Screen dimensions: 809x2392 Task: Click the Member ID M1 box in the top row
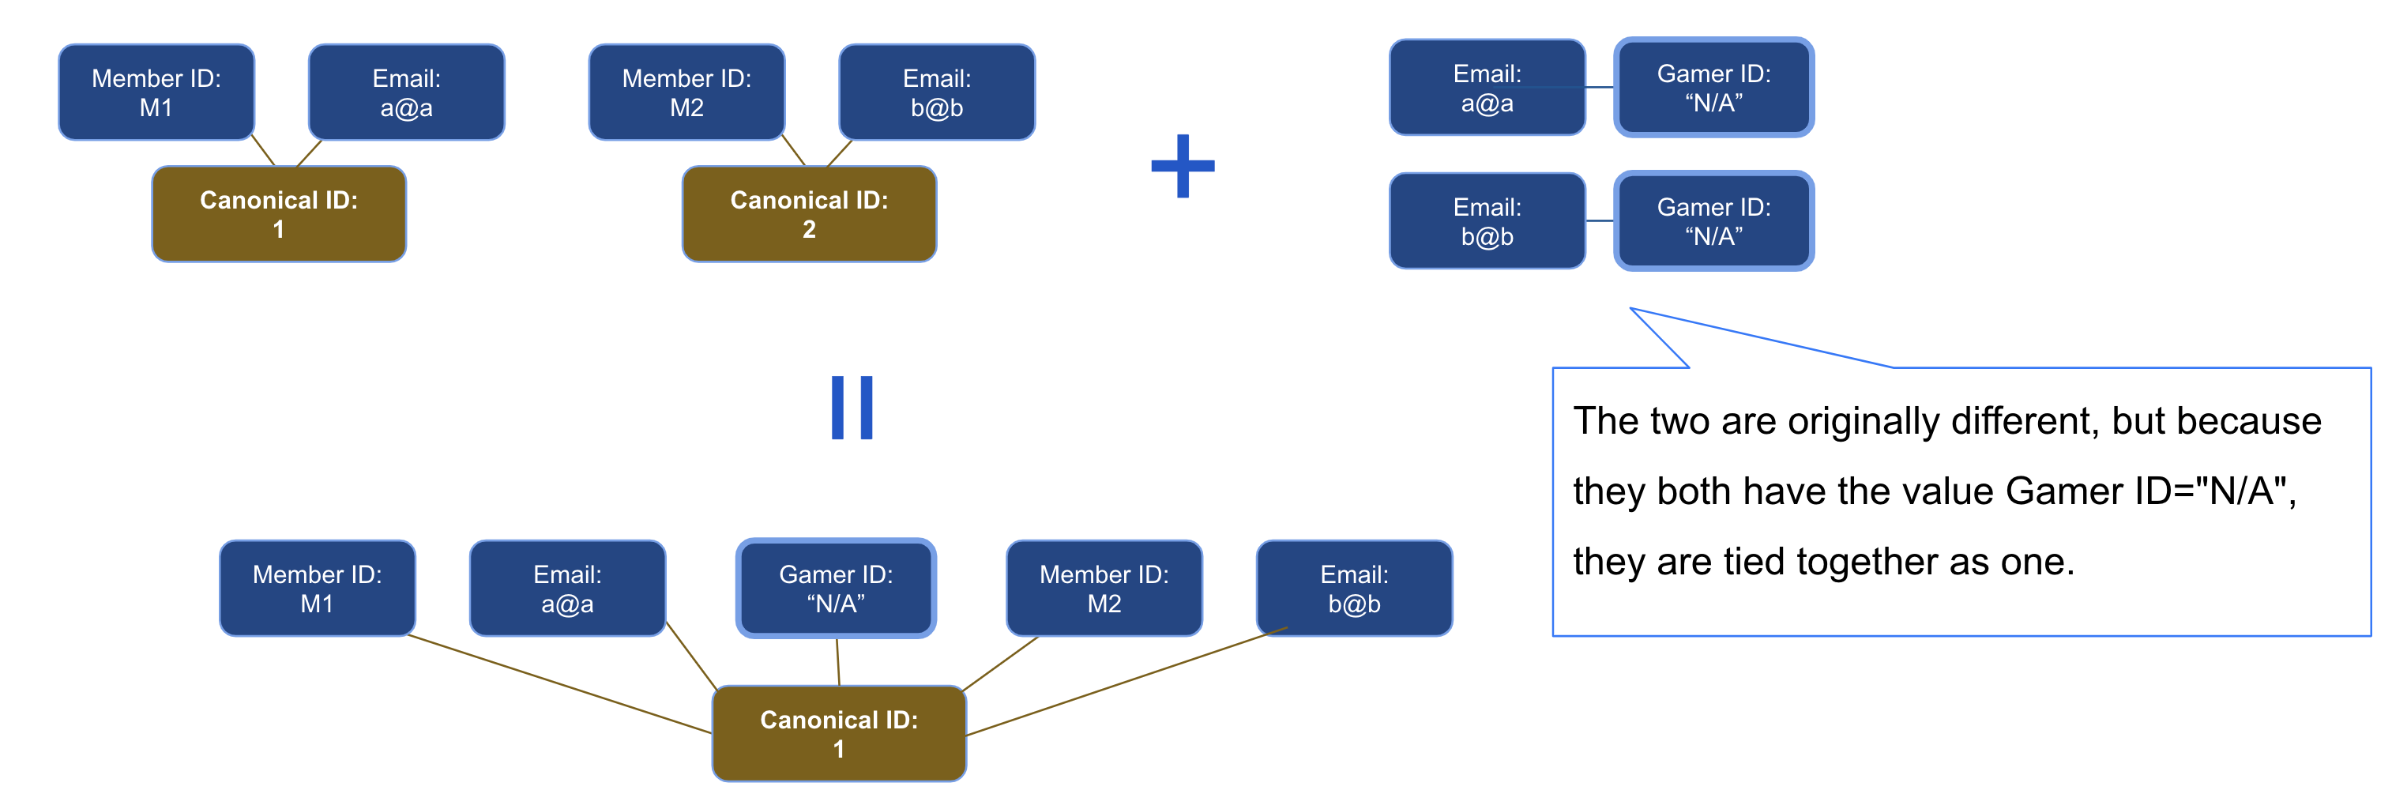click(156, 92)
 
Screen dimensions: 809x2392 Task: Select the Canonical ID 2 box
click(809, 215)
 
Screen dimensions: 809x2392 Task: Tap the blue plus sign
click(1182, 166)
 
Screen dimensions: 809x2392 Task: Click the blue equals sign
click(852, 407)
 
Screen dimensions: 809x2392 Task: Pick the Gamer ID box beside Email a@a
click(1713, 88)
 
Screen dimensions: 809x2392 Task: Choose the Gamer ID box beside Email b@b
click(1713, 221)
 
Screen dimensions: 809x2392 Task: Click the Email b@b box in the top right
click(1487, 221)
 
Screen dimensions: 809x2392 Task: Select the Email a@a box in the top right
click(1487, 88)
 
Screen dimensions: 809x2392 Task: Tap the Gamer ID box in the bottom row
click(836, 588)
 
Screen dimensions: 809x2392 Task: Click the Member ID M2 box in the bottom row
click(1104, 588)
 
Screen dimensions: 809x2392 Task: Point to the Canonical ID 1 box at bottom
click(838, 734)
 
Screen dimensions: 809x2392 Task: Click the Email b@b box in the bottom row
click(1354, 588)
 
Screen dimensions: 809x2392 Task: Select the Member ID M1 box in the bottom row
click(317, 588)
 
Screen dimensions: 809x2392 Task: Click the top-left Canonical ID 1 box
click(279, 215)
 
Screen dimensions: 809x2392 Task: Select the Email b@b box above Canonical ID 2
click(936, 92)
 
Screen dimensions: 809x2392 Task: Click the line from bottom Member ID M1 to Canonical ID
click(557, 683)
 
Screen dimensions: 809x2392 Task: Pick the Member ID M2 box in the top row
click(686, 92)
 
